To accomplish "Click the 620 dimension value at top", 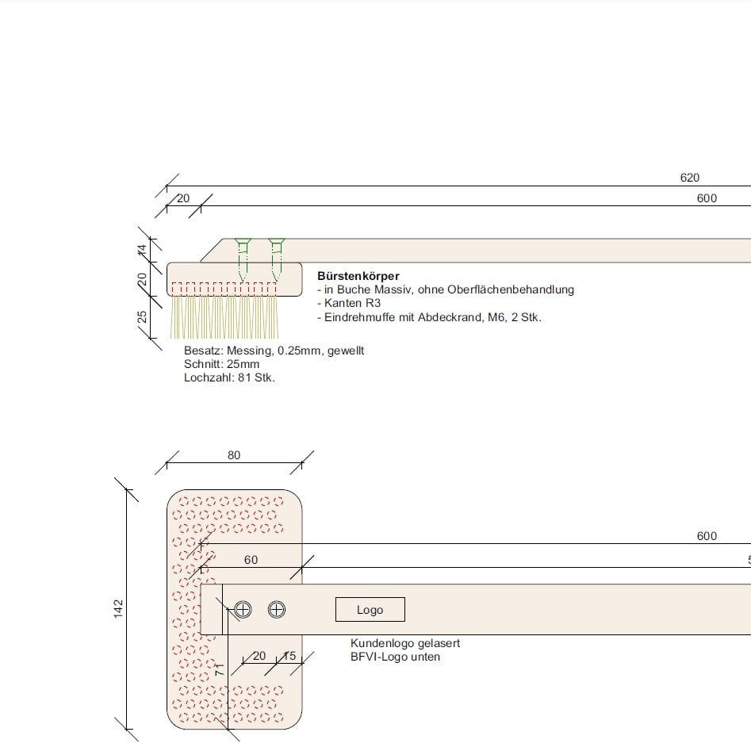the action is coord(690,178).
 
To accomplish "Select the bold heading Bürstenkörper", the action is coord(358,276).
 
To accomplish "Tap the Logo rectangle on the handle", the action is coord(370,610).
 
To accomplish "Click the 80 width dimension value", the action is coord(234,455).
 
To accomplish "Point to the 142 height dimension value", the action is coord(118,609).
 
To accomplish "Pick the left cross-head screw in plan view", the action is coord(243,609).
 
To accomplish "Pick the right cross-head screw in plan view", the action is coord(276,609).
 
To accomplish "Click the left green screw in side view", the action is coord(243,259).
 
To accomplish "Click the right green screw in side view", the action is coord(276,259).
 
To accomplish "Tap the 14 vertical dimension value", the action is coord(142,250).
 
